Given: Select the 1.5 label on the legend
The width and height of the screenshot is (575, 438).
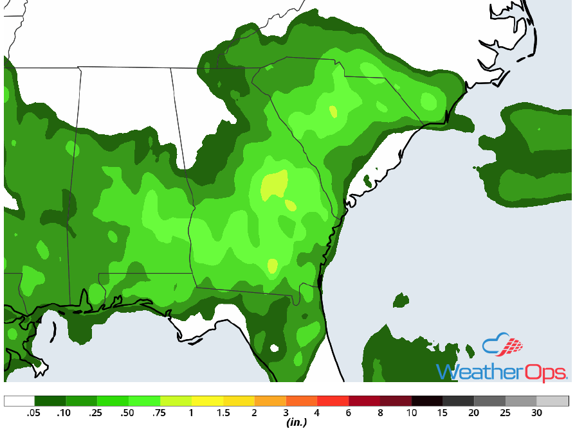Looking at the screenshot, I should coord(223,413).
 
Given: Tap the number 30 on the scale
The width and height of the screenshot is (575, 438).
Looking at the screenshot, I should coord(536,413).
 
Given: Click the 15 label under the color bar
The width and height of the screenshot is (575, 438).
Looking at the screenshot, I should coord(442,413).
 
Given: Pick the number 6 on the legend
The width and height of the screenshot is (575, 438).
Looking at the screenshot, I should coord(348,413).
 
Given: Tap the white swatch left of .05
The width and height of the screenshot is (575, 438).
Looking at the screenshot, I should coord(19,401).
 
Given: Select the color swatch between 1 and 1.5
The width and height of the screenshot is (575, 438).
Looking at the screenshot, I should coord(207,401).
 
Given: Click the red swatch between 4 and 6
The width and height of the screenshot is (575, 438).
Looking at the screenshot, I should coord(333,401).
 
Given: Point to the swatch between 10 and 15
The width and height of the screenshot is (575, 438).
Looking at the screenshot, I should coord(426,401).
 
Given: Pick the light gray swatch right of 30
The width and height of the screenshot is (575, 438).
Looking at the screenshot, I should coord(552,401).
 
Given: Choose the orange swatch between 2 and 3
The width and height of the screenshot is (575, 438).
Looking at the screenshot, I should coord(270,401).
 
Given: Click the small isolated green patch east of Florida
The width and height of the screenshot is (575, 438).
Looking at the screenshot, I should coord(401,299).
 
